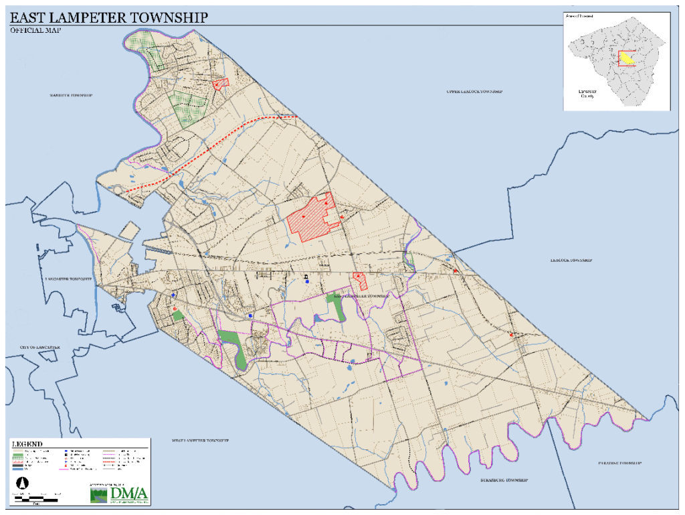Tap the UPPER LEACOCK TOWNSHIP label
[474, 91]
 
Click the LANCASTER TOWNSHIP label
[68, 278]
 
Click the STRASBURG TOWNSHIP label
[504, 481]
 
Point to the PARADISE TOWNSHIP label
[619, 463]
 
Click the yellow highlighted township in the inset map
[626, 60]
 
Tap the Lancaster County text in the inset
[577, 93]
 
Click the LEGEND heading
[27, 444]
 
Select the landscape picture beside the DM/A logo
[99, 495]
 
